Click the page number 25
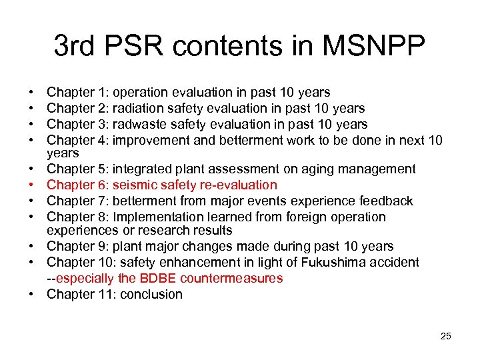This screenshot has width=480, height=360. [445, 336]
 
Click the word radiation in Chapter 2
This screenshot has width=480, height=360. [139, 108]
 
